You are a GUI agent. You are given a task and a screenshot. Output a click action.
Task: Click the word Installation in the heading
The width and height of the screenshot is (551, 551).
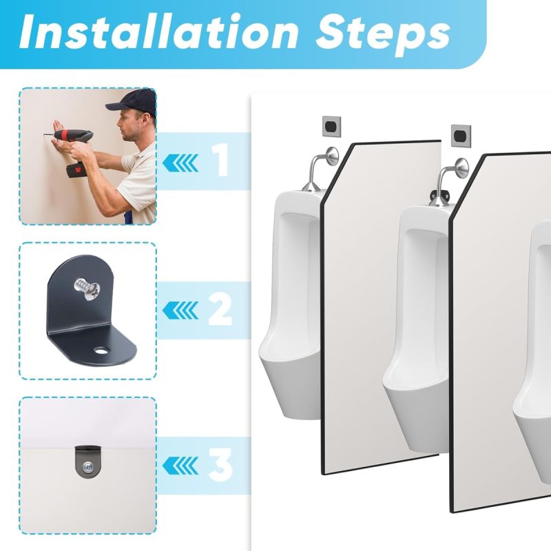tap(159, 32)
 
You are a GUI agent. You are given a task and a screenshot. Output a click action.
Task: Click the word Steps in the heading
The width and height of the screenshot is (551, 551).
tap(384, 35)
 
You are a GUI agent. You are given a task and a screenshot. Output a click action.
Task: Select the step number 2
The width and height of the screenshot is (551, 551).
tap(220, 309)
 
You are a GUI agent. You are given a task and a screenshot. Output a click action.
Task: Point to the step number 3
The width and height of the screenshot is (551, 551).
tap(220, 465)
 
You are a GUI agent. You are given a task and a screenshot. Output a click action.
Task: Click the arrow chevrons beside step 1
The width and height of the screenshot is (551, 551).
tap(180, 163)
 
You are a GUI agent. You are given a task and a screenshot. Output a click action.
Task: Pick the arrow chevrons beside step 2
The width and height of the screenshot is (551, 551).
tap(180, 311)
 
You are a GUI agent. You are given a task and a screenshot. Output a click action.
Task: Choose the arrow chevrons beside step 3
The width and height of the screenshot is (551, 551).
tap(180, 466)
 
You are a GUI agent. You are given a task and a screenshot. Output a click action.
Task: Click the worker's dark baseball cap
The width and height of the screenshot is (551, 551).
tap(133, 101)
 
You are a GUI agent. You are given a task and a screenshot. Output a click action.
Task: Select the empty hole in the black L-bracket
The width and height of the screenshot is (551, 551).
tap(101, 351)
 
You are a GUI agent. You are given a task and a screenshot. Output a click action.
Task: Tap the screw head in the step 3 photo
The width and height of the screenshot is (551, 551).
tap(87, 467)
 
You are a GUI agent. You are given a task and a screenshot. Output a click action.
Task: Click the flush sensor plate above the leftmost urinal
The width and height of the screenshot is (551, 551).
tap(332, 126)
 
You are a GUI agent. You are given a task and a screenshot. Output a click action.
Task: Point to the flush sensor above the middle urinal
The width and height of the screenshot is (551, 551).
tap(461, 135)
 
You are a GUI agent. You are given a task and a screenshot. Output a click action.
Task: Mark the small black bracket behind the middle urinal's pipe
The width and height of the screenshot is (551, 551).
tap(443, 192)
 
